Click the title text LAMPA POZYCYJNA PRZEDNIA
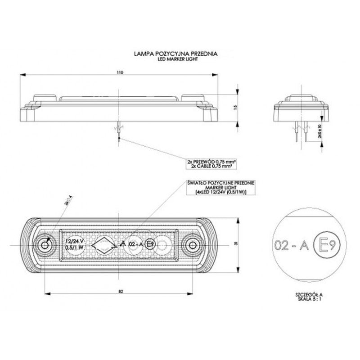[175, 54]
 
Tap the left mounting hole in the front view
[45, 245]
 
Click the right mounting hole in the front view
[193, 245]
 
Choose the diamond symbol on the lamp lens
[104, 245]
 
